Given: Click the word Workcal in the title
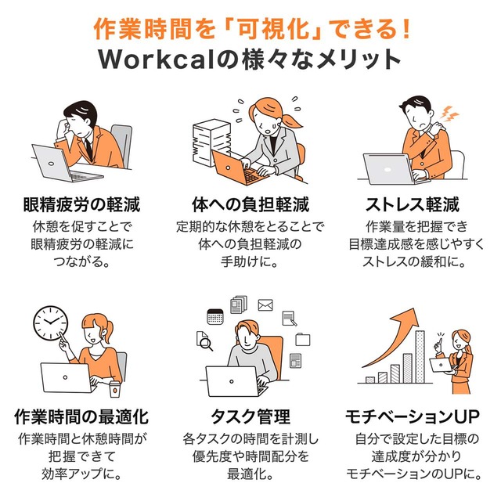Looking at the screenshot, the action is point(156,59).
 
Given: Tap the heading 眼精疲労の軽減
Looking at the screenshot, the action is point(81,205).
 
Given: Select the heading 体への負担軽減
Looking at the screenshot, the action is point(250,205).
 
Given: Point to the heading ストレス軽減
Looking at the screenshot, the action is point(413,205).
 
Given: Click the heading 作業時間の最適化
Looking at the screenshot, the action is point(81,417).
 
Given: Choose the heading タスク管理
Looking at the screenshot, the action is point(250,417).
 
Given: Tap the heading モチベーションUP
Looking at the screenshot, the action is point(413,417).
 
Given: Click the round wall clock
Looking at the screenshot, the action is point(51,323).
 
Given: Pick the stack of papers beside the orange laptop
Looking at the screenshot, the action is point(211,142).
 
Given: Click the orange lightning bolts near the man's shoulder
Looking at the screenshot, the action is point(449,114).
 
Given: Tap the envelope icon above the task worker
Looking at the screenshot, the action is point(265,305).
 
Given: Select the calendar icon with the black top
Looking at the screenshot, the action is point(215,316).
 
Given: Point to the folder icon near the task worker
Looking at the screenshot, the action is point(302,339).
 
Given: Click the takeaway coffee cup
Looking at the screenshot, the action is point(115,389).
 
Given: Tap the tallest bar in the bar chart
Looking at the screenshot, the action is point(420,357).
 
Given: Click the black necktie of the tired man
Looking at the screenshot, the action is point(88,149).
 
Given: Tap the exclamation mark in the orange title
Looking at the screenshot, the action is point(405,30).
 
